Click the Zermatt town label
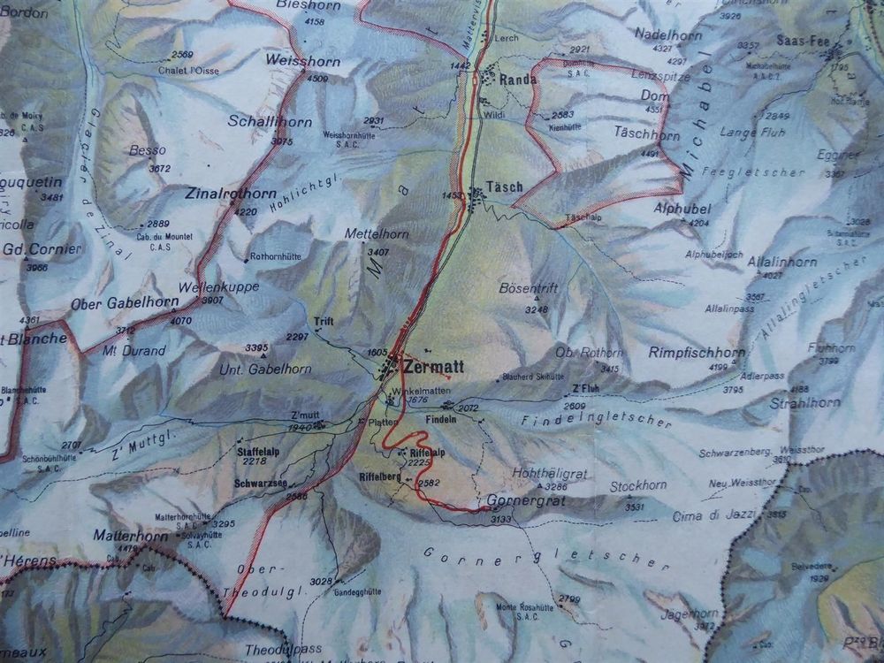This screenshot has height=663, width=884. click(432, 365)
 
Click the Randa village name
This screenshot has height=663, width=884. click(518, 80)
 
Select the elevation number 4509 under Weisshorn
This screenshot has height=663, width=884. click(316, 78)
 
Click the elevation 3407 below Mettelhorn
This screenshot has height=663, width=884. click(377, 252)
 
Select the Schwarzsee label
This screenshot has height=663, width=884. click(260, 484)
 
